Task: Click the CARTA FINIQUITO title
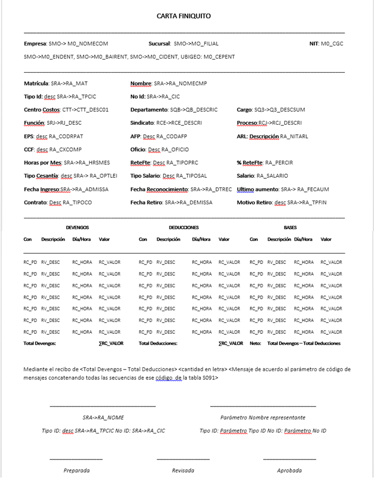(x=183, y=16)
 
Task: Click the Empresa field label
(x=35, y=43)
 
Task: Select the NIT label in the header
(x=314, y=43)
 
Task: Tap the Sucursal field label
(x=160, y=43)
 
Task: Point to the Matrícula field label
(x=36, y=84)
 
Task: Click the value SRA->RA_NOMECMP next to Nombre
(x=180, y=84)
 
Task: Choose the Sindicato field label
(x=143, y=123)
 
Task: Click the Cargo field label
(x=244, y=109)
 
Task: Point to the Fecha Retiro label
(x=147, y=202)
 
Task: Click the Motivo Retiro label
(x=255, y=202)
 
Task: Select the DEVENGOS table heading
(x=77, y=228)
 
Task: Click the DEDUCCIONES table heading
(x=183, y=228)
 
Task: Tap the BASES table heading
(x=290, y=228)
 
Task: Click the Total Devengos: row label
(x=40, y=343)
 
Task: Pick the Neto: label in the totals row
(x=255, y=343)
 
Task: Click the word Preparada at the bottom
(x=77, y=470)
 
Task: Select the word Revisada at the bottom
(x=183, y=470)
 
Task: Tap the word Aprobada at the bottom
(x=289, y=470)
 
